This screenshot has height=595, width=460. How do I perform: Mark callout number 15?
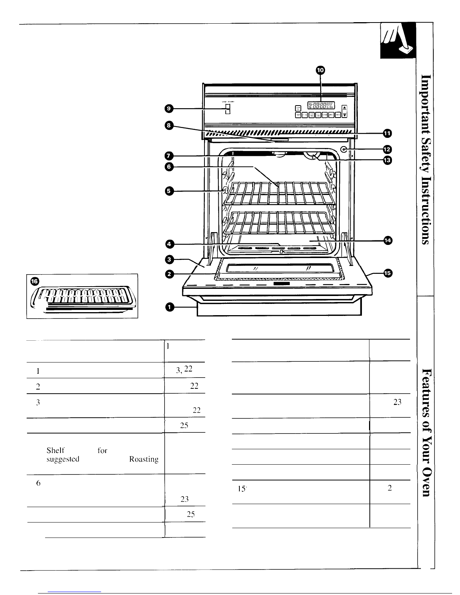coord(387,273)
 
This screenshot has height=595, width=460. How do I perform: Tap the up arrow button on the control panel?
coord(345,106)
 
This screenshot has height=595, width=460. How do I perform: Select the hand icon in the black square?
coord(397,40)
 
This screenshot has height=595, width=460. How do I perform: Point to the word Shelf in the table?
coord(55,450)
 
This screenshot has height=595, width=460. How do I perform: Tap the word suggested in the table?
coord(63,459)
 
